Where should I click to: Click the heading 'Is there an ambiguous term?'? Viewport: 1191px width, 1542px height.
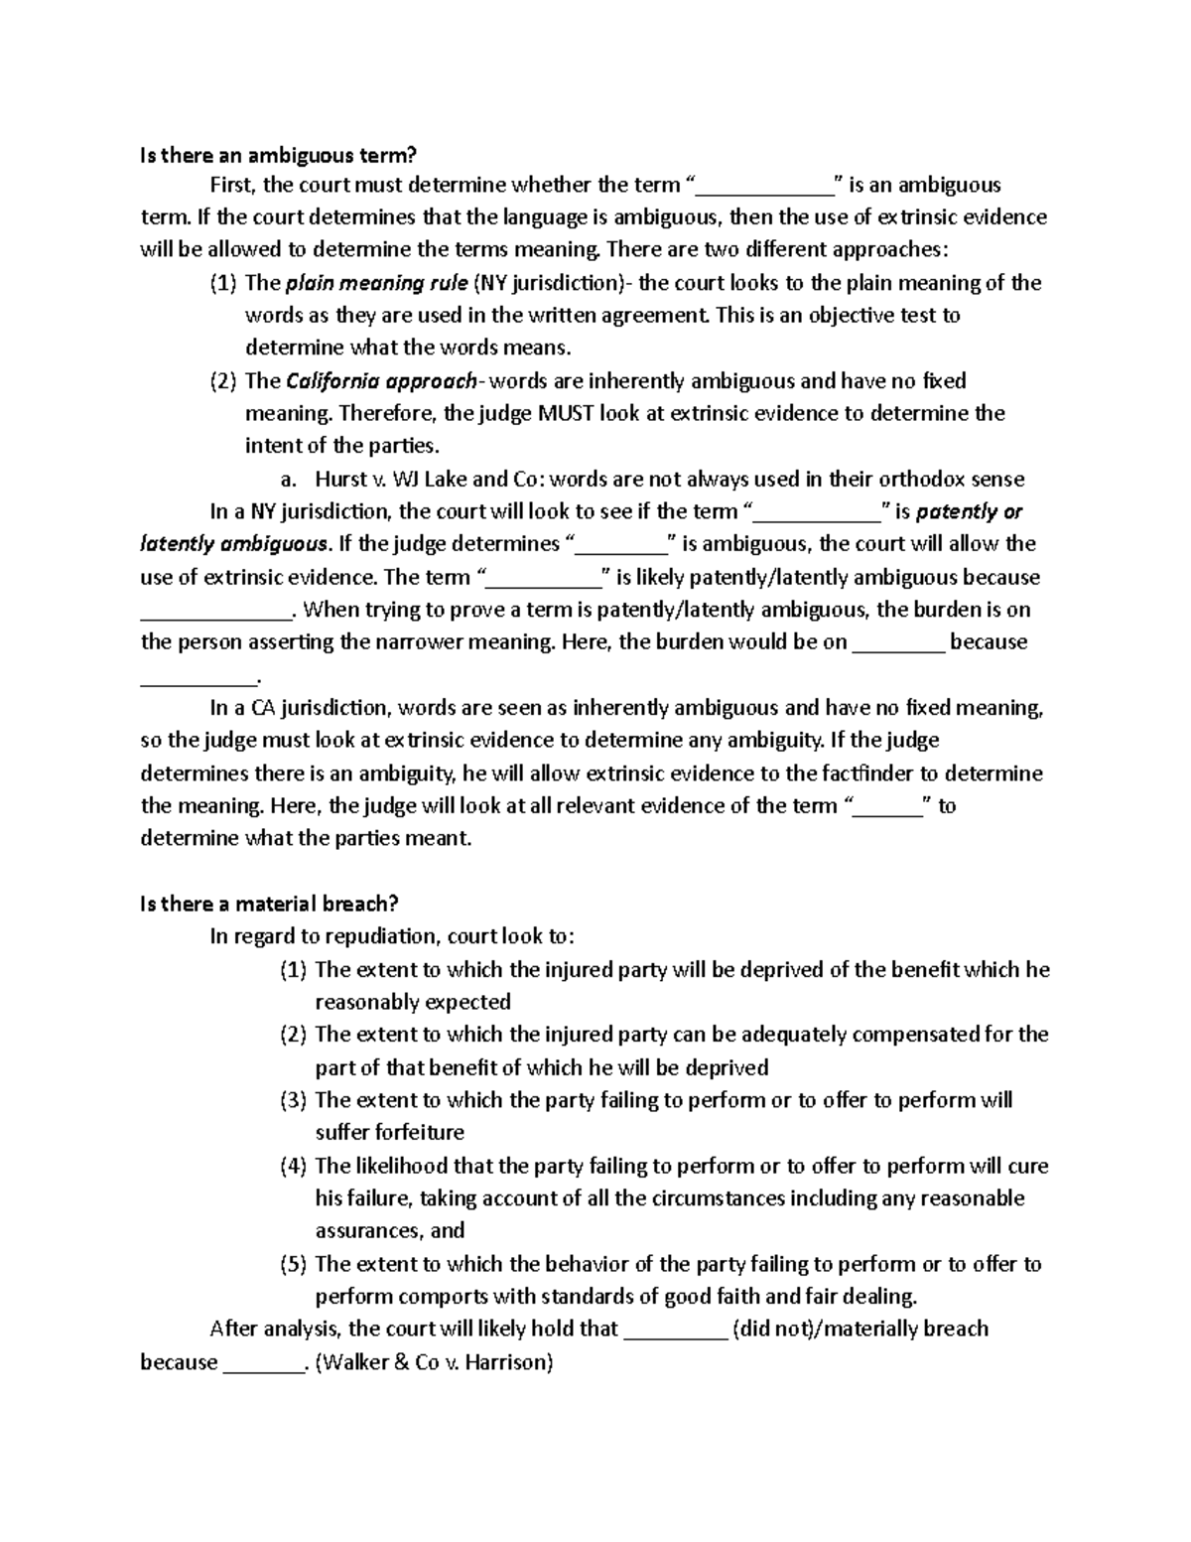click(280, 154)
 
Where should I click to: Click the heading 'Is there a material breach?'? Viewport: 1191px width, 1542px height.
click(269, 904)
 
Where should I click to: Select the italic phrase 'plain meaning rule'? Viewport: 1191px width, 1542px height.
click(376, 284)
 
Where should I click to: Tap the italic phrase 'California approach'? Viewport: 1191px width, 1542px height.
click(381, 381)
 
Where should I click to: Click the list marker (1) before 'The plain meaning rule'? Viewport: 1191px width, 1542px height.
click(223, 284)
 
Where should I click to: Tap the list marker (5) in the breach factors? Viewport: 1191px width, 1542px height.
click(294, 1264)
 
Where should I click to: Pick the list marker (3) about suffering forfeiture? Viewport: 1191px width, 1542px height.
click(294, 1100)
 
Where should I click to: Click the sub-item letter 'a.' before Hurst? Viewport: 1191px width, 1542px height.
click(289, 480)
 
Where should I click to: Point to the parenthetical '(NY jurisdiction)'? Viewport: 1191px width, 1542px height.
click(548, 284)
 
